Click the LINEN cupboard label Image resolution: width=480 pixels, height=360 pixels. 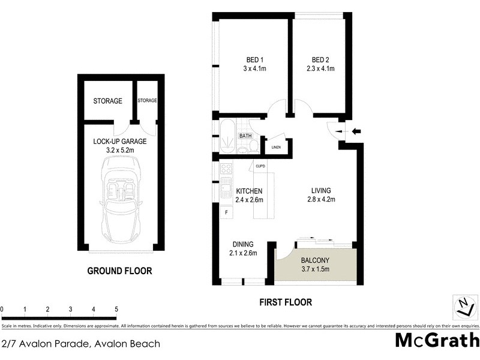click(x=276, y=147)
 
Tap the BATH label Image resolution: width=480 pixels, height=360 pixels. click(x=245, y=136)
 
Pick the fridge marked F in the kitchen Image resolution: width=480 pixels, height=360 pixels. click(x=227, y=212)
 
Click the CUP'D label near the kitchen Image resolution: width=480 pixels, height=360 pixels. click(x=261, y=165)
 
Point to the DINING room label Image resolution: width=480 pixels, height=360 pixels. click(x=243, y=244)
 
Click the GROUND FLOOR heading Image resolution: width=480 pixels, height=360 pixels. click(x=119, y=271)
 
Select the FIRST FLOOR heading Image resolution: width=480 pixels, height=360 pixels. click(x=286, y=302)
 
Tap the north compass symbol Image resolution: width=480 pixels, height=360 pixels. click(x=464, y=307)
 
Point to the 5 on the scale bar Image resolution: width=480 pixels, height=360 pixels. click(x=116, y=310)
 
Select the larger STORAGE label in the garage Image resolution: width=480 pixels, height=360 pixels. click(x=107, y=101)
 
